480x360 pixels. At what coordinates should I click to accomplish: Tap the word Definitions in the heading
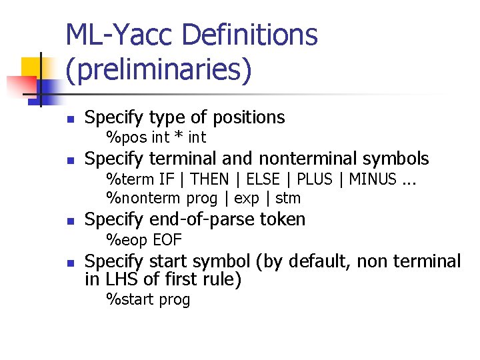[x=249, y=35]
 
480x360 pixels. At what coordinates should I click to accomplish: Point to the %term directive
[x=131, y=179]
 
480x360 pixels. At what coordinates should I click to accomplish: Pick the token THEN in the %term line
[x=216, y=179]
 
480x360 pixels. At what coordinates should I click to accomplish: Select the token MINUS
[x=373, y=179]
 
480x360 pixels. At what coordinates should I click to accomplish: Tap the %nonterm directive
[x=143, y=198]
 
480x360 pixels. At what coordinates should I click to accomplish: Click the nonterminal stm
[x=288, y=198]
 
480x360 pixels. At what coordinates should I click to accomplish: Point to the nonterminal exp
[x=247, y=199]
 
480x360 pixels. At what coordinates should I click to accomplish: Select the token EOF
[x=167, y=240]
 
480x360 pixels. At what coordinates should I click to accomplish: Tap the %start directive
[x=130, y=300]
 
